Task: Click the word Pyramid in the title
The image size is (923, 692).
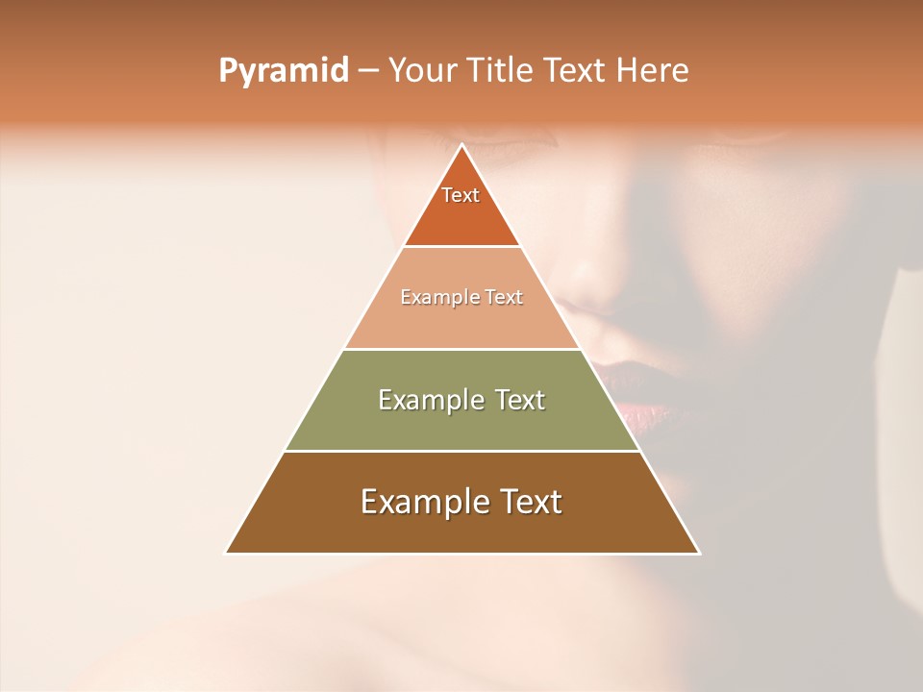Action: click(x=283, y=71)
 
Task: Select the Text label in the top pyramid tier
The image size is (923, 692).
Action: click(x=461, y=195)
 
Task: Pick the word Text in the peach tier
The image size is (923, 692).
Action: click(x=503, y=297)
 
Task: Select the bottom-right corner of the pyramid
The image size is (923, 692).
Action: click(x=698, y=553)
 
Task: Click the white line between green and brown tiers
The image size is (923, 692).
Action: click(x=461, y=451)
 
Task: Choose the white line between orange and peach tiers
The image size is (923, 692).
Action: click(x=461, y=246)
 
